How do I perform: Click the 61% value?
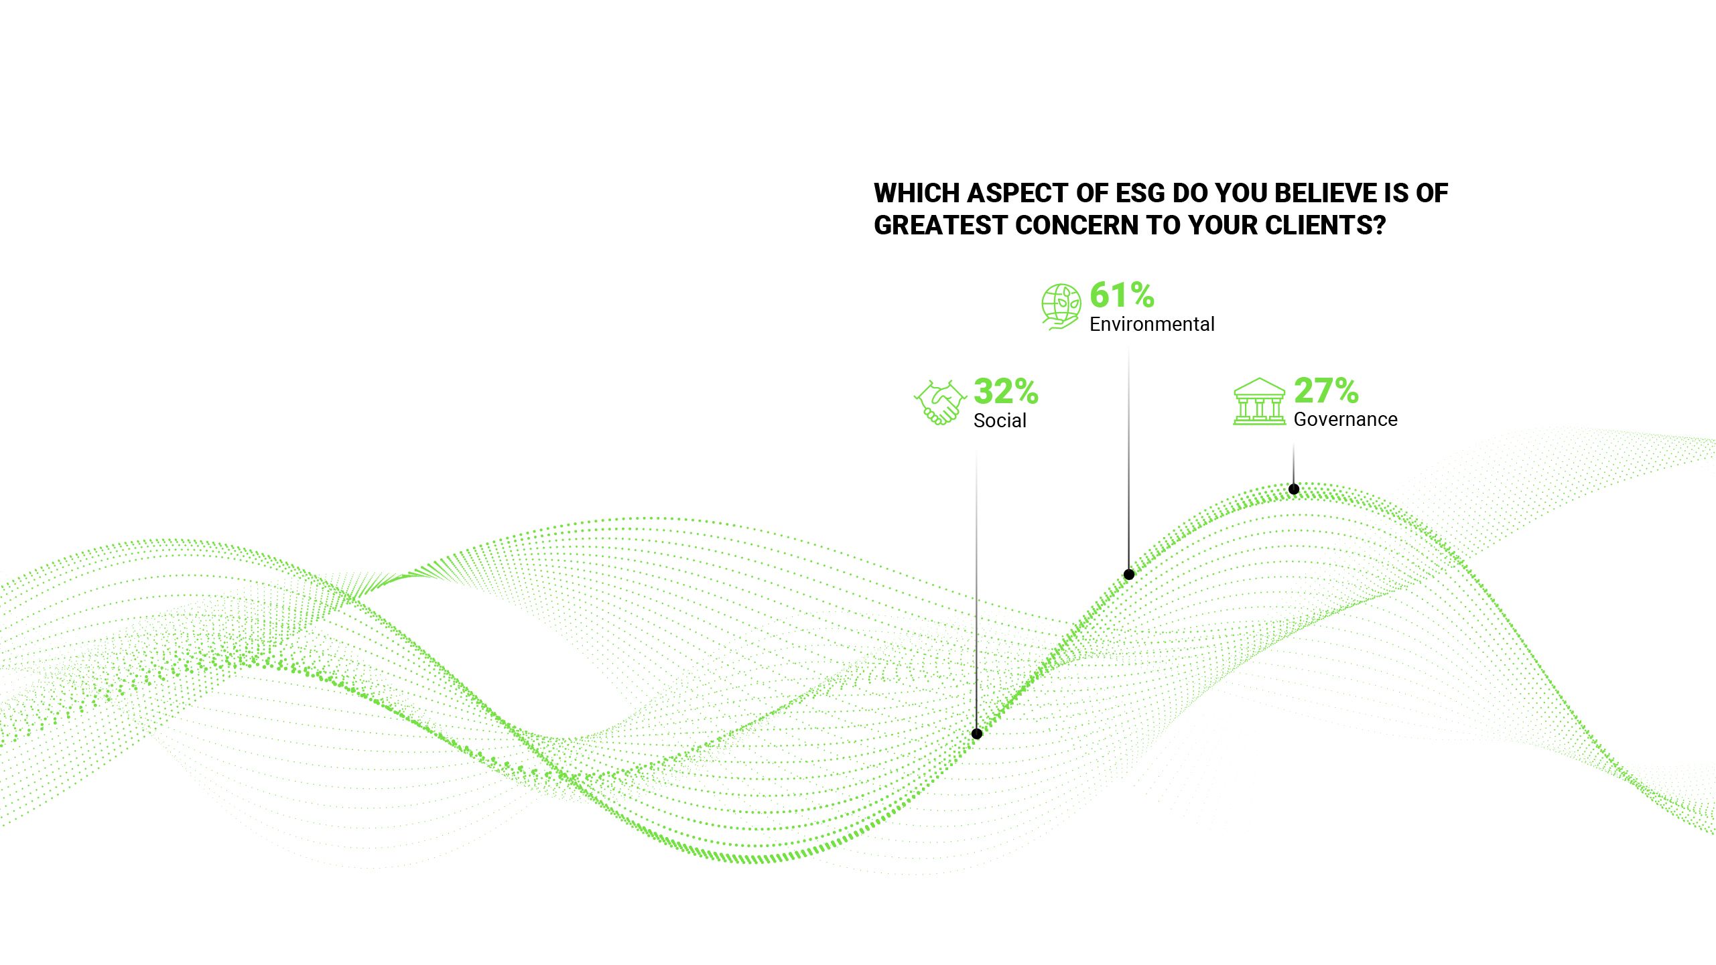coord(1122,295)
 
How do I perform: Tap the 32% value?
coord(1006,392)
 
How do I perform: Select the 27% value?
coord(1326,390)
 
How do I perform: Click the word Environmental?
coord(1152,325)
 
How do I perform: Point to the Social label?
coord(1000,421)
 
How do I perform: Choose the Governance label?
coord(1345,420)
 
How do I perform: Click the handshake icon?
coord(939,403)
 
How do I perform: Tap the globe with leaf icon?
coord(1061,307)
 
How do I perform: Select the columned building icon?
coord(1259,402)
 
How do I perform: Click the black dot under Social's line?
coord(977,734)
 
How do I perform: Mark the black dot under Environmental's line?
coord(1129,575)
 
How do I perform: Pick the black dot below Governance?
coord(1294,490)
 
